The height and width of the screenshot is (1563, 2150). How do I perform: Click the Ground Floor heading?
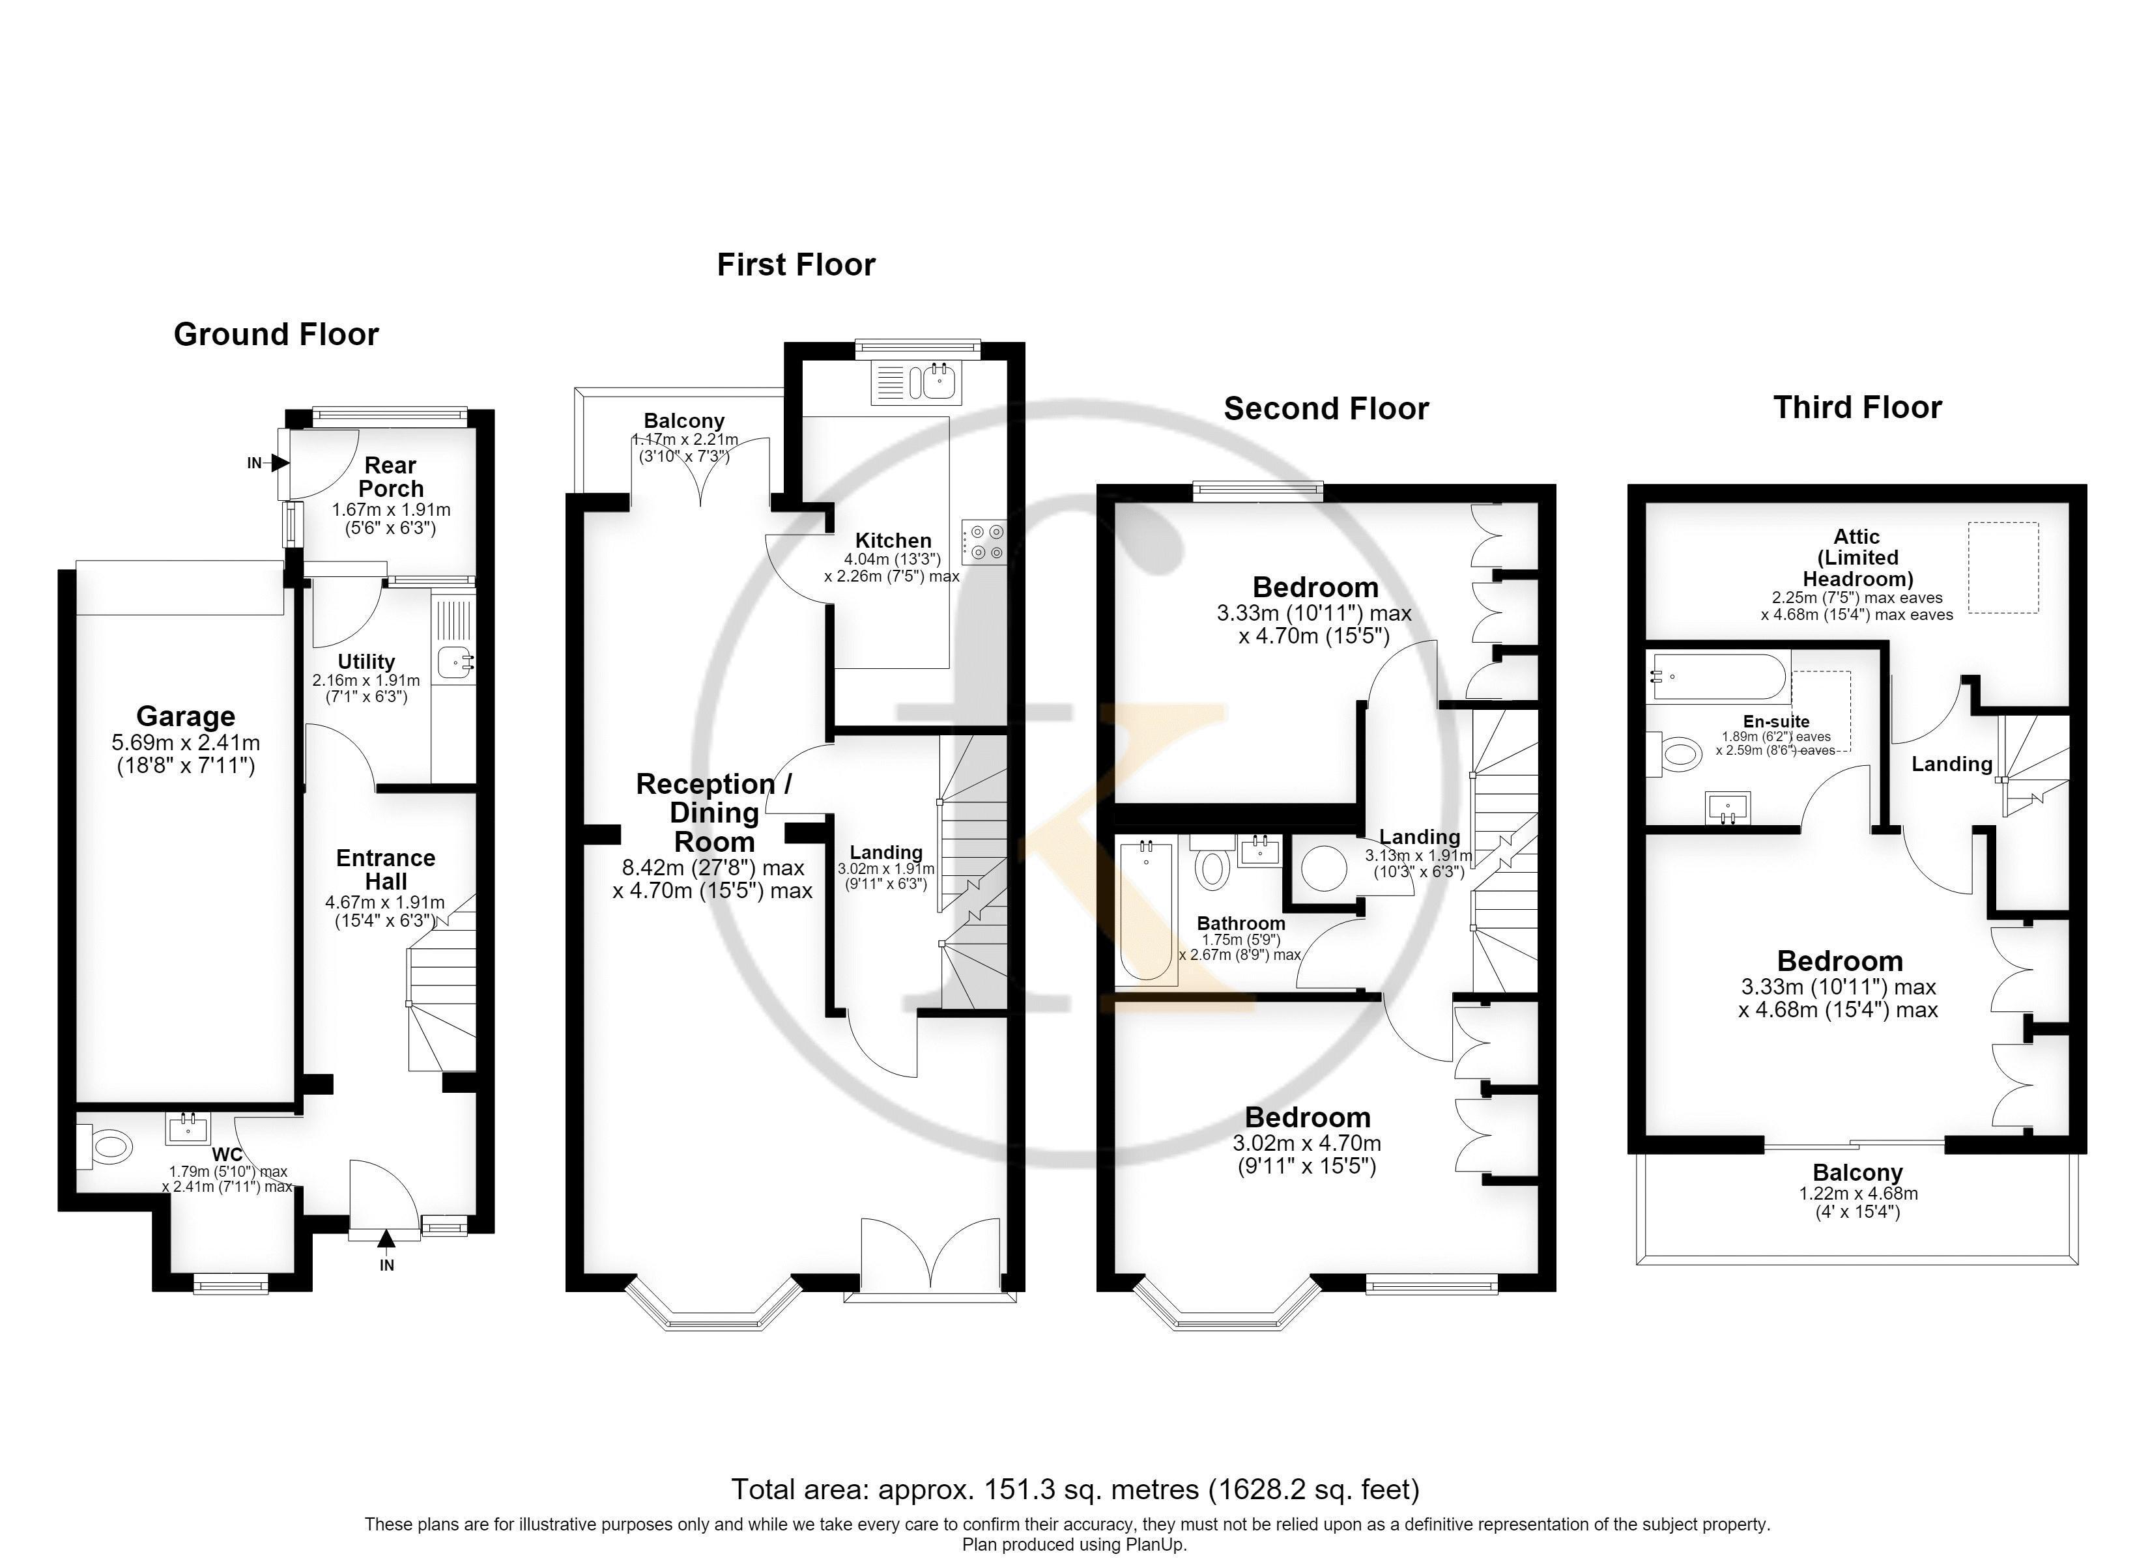click(x=276, y=335)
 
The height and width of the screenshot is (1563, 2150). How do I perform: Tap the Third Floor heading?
click(x=1857, y=408)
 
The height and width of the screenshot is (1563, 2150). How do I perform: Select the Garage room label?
click(x=186, y=716)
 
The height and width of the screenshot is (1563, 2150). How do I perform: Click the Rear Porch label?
click(x=390, y=477)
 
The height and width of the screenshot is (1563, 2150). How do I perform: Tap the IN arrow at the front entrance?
click(x=386, y=1238)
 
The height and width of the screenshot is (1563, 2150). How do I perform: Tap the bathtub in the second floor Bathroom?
click(x=1145, y=911)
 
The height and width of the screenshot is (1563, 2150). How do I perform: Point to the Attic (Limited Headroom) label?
click(x=1857, y=557)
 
